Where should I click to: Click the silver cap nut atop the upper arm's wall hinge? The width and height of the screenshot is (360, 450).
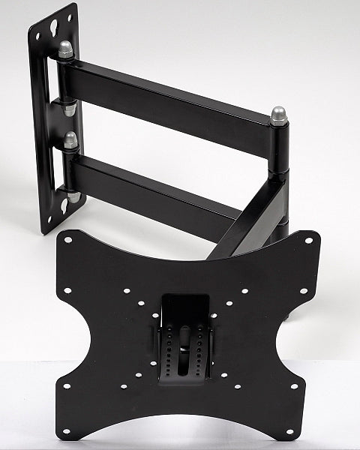[x=66, y=50]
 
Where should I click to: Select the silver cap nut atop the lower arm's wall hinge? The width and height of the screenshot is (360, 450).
[x=70, y=139]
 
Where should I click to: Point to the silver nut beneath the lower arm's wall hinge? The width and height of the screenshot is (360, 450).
[x=73, y=196]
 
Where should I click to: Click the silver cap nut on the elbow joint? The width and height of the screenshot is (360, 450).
[x=279, y=115]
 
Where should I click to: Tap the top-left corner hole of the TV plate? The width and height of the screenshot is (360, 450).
[x=67, y=241]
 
